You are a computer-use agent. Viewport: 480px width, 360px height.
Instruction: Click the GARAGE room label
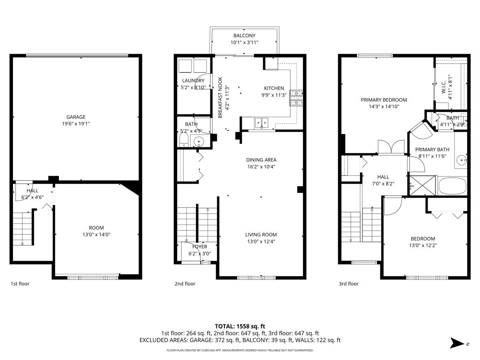coord(76,117)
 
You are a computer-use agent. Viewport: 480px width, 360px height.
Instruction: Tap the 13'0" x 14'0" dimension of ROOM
coord(96,234)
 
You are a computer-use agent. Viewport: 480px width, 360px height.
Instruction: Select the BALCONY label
coord(244,36)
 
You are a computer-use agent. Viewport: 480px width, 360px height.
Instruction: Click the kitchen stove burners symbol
coord(296,98)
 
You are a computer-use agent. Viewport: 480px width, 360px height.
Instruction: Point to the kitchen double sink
coord(261,123)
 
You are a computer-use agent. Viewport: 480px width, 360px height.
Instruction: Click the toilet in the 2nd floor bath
coord(184,140)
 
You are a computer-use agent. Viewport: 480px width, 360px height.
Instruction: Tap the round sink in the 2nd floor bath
coord(199,141)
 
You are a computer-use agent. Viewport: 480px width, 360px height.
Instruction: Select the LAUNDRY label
coord(193,81)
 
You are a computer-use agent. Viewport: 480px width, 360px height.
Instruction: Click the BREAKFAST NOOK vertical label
coord(220,97)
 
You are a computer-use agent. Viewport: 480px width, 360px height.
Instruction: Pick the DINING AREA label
coord(261,160)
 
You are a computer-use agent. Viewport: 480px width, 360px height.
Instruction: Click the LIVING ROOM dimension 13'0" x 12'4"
coord(261,241)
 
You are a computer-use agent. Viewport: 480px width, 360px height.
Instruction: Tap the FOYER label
coord(200,246)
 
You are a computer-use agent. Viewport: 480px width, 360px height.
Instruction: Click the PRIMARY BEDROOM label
coord(384,100)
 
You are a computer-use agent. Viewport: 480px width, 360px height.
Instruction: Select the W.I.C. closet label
coord(444,87)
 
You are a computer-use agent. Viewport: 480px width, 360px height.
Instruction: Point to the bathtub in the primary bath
coord(452,186)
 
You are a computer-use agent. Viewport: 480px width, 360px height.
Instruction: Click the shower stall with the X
coord(422,185)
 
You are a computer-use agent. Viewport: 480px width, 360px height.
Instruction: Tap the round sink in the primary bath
coord(461,160)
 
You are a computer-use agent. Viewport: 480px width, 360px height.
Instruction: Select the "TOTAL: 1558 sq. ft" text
coord(240,326)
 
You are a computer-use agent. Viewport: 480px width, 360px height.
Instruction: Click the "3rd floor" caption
coord(348,284)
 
